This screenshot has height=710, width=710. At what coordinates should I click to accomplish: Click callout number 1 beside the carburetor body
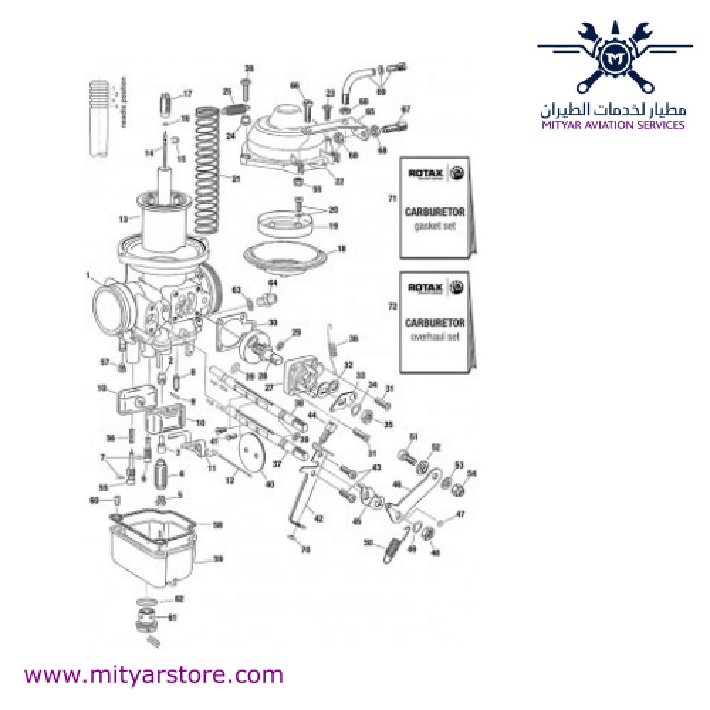(x=89, y=275)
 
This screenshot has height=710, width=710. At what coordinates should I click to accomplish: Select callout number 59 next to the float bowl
(x=219, y=559)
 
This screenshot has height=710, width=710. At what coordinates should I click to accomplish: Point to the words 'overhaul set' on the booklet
(x=435, y=337)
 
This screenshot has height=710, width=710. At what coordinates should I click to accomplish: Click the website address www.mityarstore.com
(x=153, y=673)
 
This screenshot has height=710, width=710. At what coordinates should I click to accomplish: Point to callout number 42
(x=319, y=519)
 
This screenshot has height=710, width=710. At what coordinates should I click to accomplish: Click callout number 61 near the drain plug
(x=170, y=617)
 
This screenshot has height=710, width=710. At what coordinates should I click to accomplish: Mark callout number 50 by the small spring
(x=368, y=543)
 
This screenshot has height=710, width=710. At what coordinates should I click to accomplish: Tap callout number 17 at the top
(x=187, y=94)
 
